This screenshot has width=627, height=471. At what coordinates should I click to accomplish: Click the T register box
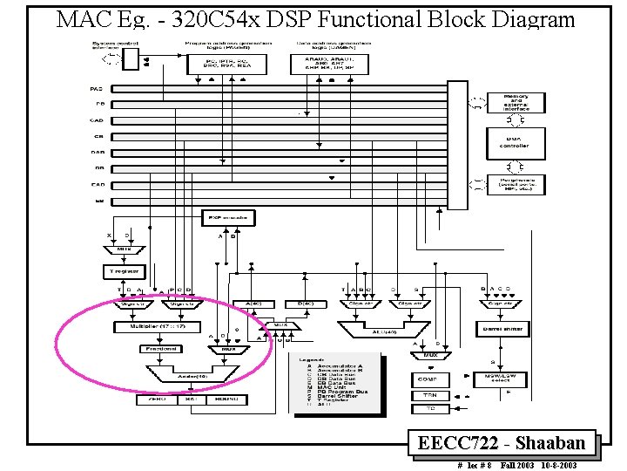click(123, 271)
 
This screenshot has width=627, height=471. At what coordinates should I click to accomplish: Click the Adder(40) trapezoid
click(191, 376)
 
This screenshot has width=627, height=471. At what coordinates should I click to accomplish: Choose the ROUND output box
click(226, 399)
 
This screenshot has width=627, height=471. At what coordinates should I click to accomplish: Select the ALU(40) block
click(383, 331)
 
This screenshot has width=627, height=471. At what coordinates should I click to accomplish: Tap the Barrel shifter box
click(502, 329)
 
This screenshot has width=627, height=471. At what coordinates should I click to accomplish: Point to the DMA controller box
click(514, 141)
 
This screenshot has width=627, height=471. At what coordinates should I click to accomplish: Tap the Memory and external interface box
click(516, 103)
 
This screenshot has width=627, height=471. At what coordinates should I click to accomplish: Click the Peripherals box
click(516, 184)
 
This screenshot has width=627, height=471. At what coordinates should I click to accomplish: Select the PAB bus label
click(97, 89)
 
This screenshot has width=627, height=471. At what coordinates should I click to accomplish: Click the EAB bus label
click(97, 184)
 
